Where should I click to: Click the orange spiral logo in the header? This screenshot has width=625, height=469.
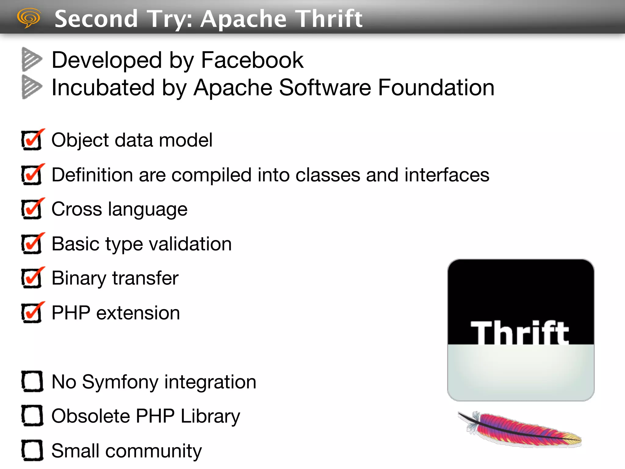point(29,18)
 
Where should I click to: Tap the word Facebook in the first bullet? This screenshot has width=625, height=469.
point(252,60)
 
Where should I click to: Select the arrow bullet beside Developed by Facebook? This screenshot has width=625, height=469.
point(31,59)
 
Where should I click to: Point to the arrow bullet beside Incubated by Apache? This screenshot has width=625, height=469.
point(31,87)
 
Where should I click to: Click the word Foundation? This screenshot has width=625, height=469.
point(436,88)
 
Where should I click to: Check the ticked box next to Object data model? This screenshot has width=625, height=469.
point(32,140)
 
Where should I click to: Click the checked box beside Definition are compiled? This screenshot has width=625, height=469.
point(32,175)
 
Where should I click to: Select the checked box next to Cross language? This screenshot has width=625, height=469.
point(32,209)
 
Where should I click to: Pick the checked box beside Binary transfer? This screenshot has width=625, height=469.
point(32,278)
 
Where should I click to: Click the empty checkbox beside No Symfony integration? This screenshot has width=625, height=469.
point(32,381)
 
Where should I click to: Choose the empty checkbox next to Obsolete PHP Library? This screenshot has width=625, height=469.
point(32,416)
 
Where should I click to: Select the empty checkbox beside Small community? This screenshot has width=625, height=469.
point(32,450)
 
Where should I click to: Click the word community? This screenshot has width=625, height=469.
point(154,451)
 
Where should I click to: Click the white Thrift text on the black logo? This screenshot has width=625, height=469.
point(519,333)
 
